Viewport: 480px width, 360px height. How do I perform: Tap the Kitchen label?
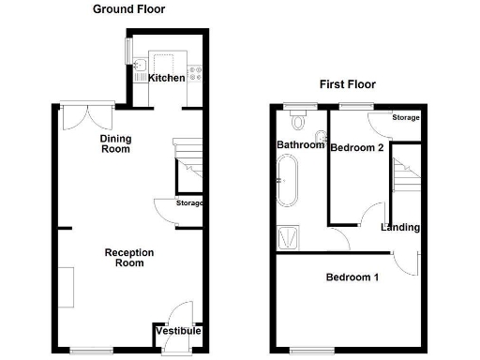(167, 78)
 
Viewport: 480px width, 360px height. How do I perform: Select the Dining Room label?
(116, 143)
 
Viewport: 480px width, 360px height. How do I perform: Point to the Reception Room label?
(129, 258)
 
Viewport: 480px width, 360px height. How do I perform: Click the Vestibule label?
(177, 331)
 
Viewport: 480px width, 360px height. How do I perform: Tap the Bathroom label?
(299, 145)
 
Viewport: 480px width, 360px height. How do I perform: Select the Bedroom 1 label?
(352, 277)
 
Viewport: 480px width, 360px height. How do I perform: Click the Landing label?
(400, 228)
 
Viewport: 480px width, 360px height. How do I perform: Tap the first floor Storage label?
(405, 118)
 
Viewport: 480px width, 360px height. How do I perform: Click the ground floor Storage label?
(189, 203)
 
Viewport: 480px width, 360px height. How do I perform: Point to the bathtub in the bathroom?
(285, 181)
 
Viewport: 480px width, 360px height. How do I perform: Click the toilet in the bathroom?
(300, 120)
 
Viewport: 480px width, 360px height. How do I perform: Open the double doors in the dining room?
(85, 116)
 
